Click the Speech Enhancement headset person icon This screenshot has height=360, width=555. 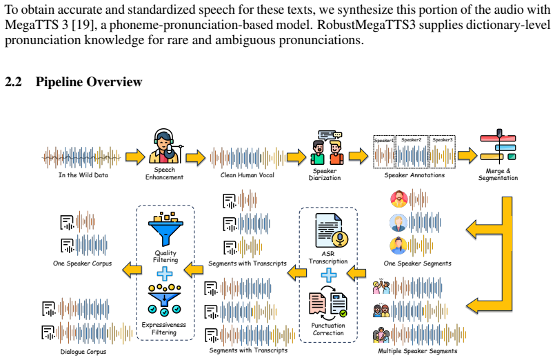[165, 146]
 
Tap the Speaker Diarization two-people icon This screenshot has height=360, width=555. [327, 148]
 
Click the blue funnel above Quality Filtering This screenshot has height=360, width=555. [165, 229]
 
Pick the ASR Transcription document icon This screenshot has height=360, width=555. [332, 230]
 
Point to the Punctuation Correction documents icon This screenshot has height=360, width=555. [328, 303]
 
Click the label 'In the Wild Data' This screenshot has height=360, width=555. [83, 175]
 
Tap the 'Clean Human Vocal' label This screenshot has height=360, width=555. [247, 175]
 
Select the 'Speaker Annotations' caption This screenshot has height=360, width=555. [414, 175]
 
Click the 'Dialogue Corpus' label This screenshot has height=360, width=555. [83, 352]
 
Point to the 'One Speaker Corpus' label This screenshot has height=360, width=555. [83, 263]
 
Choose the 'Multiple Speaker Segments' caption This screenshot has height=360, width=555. [418, 351]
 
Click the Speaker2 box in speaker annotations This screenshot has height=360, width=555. [412, 152]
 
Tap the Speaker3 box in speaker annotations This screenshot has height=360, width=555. [443, 152]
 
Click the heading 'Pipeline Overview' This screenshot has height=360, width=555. [89, 82]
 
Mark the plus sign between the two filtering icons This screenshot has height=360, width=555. [165, 274]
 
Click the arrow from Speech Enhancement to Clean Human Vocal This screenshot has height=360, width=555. [195, 157]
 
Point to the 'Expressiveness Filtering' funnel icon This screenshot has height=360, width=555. [164, 300]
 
